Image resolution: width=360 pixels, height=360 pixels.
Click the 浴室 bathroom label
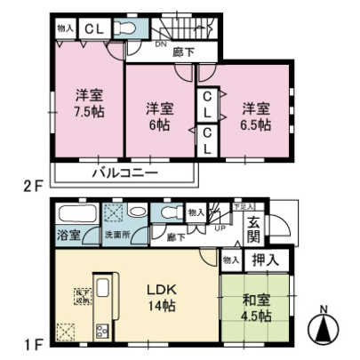(x=68, y=236)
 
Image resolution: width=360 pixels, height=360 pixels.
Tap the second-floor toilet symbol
(x=127, y=29)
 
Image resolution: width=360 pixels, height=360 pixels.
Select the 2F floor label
(x=33, y=187)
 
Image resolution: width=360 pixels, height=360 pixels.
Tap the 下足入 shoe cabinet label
(x=239, y=206)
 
